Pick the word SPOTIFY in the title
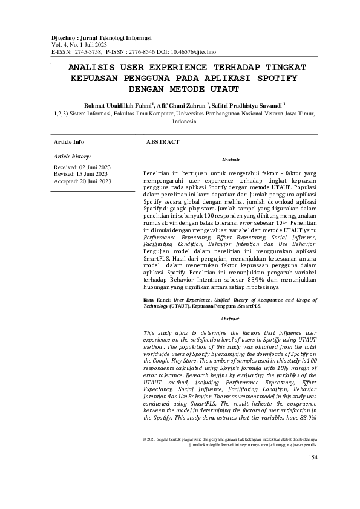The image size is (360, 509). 273,78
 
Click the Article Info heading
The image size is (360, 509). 69,141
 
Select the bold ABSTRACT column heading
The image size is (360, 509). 163,141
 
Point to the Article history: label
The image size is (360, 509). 72,156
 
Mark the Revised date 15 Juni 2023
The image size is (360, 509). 94,173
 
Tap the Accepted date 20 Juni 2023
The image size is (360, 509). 97,181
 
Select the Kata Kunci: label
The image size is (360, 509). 157,299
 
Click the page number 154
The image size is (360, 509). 313,474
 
